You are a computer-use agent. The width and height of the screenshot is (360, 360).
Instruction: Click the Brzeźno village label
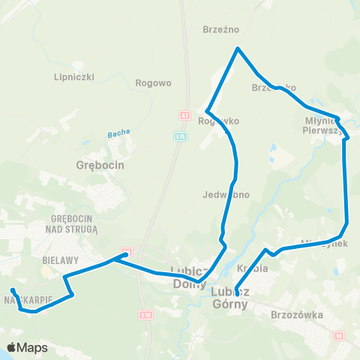(220, 30)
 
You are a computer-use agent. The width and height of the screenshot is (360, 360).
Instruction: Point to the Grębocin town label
(100, 164)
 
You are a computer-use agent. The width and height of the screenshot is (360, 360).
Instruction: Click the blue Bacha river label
(118, 133)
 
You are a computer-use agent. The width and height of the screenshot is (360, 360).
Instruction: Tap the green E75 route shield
(180, 136)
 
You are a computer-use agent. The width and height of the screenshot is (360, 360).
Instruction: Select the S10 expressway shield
(145, 316)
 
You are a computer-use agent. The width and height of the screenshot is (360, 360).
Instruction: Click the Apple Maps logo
(27, 347)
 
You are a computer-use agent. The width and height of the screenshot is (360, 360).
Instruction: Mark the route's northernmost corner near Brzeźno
(238, 49)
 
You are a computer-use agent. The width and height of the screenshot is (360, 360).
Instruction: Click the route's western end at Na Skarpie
(12, 289)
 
